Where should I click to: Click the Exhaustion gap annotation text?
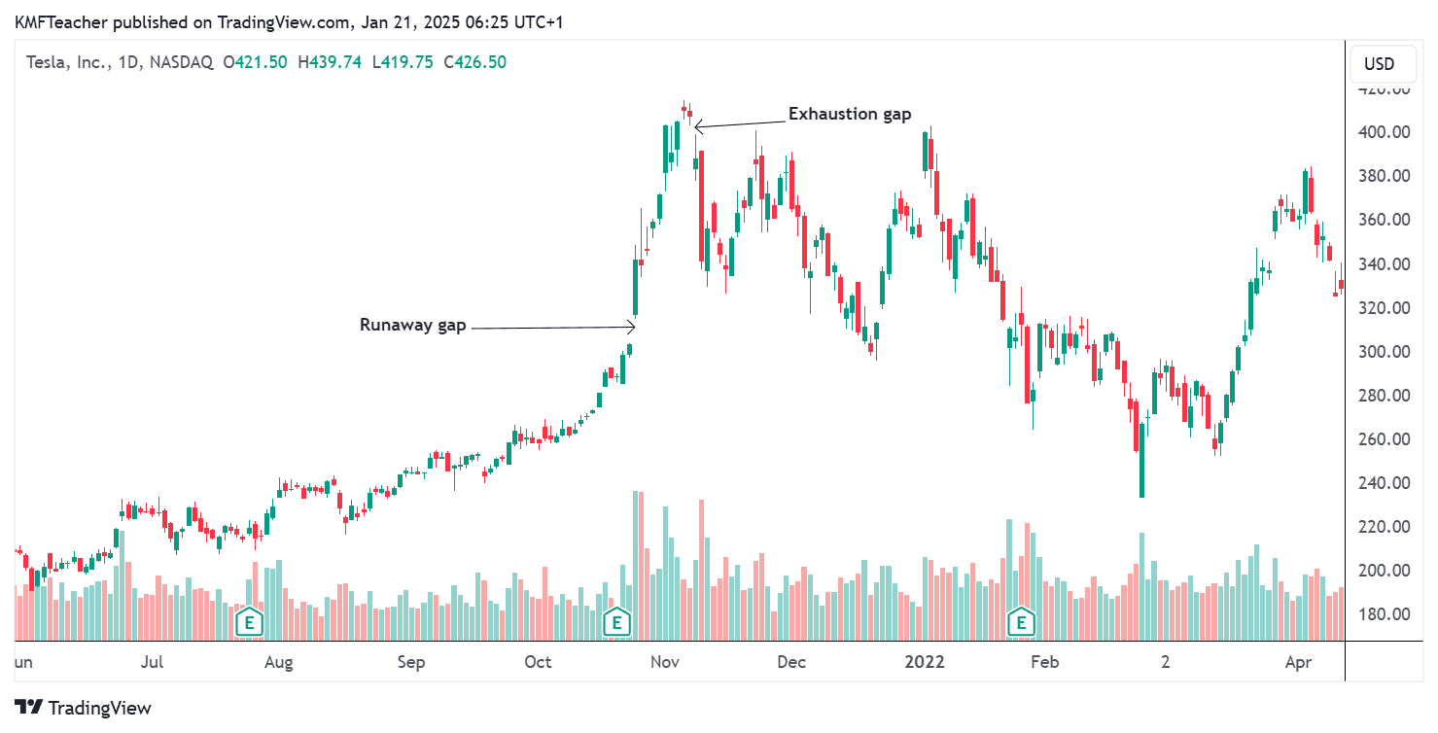tap(849, 115)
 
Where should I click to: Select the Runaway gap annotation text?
tap(412, 325)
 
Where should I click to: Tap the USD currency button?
tap(1379, 64)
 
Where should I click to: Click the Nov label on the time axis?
tap(665, 663)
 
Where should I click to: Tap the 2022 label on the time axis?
tap(925, 663)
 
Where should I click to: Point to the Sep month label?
tap(411, 663)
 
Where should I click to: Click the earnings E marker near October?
tap(615, 621)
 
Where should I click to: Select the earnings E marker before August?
tap(250, 621)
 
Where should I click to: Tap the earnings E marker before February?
tap(1021, 621)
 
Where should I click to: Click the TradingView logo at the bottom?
tap(84, 708)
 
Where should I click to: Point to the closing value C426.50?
tap(474, 62)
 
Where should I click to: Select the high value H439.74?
tap(330, 62)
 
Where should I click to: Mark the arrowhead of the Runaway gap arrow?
tap(634, 327)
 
